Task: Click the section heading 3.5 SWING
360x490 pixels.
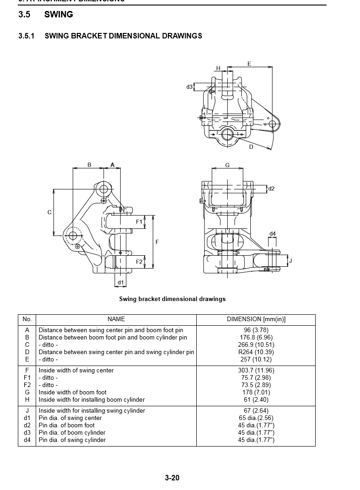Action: (x=45, y=15)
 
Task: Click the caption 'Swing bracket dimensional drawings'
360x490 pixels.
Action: (x=172, y=299)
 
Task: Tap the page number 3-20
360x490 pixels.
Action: (x=172, y=478)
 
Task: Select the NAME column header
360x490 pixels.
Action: (x=116, y=319)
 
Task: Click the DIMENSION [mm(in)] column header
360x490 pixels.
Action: (x=256, y=319)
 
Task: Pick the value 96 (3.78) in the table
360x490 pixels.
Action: (x=256, y=330)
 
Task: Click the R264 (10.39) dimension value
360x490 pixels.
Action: (x=256, y=352)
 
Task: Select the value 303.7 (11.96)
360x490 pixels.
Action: (x=256, y=370)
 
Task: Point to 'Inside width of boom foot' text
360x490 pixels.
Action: (x=72, y=392)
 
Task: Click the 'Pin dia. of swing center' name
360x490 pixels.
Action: (x=70, y=418)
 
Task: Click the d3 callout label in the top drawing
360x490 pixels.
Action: (x=189, y=87)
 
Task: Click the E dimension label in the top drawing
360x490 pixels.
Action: (x=249, y=64)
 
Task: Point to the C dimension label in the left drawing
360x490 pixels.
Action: (x=49, y=212)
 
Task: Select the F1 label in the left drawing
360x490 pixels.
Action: (x=139, y=222)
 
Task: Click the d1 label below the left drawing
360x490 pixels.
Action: (x=120, y=282)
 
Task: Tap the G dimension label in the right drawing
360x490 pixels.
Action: (x=227, y=165)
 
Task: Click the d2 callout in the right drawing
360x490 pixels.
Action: (x=271, y=188)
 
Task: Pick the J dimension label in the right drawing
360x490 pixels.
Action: (x=290, y=261)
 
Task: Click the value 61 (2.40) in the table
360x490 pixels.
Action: (x=256, y=399)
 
